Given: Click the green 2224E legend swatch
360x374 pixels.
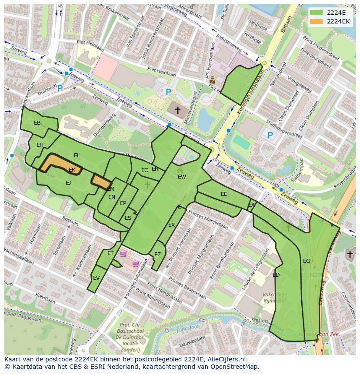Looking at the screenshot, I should point(317,13).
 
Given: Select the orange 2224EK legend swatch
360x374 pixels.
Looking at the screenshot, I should point(317,21).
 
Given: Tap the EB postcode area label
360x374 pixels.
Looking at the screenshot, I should point(37,123).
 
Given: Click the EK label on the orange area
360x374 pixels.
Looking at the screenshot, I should point(72,170).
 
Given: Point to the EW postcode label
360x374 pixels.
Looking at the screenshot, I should point(182,177).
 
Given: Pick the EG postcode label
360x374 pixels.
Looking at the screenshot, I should point(307,261).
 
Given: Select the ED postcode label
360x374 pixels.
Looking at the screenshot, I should point(276,275).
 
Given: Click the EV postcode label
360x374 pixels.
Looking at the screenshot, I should point(96,278).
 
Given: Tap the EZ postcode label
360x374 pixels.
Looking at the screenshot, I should point(157,255).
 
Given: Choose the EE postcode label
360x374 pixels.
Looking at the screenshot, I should point(224,194).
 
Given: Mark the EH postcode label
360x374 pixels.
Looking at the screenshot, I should point(40,145).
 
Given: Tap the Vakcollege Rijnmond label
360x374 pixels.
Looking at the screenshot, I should point(274,298).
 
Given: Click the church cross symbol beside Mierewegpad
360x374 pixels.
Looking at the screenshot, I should point(177,110).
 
